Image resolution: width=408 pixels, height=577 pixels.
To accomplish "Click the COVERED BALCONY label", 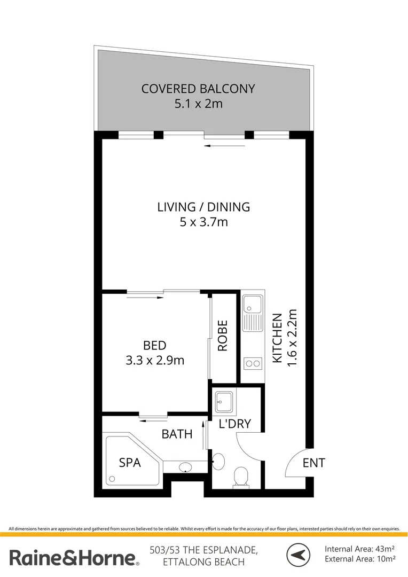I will pos(198,88).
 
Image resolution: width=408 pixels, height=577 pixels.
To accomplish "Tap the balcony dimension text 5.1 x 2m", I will pos(198,104).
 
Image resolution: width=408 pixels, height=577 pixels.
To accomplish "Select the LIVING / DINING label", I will pos(203,206).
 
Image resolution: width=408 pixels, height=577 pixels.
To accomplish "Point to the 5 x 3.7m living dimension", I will pos(203,221).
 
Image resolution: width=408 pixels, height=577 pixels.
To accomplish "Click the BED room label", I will pos(155,345).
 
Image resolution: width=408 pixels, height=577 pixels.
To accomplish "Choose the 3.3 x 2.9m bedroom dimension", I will pos(155,360).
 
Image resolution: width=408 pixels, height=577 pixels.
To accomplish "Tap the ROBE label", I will pos(223,336).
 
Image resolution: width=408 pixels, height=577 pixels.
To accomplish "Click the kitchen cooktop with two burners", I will pos(252,364).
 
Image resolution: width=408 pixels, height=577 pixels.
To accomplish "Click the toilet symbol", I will pos(241,477).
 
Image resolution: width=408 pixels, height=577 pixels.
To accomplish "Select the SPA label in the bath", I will pos(130,463).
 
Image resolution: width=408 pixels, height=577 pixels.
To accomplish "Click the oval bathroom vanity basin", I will pos(185,468).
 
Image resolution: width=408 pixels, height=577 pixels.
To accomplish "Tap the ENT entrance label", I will pos(313,463).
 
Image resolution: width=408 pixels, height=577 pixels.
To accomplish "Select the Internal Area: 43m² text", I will pos(360,549).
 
